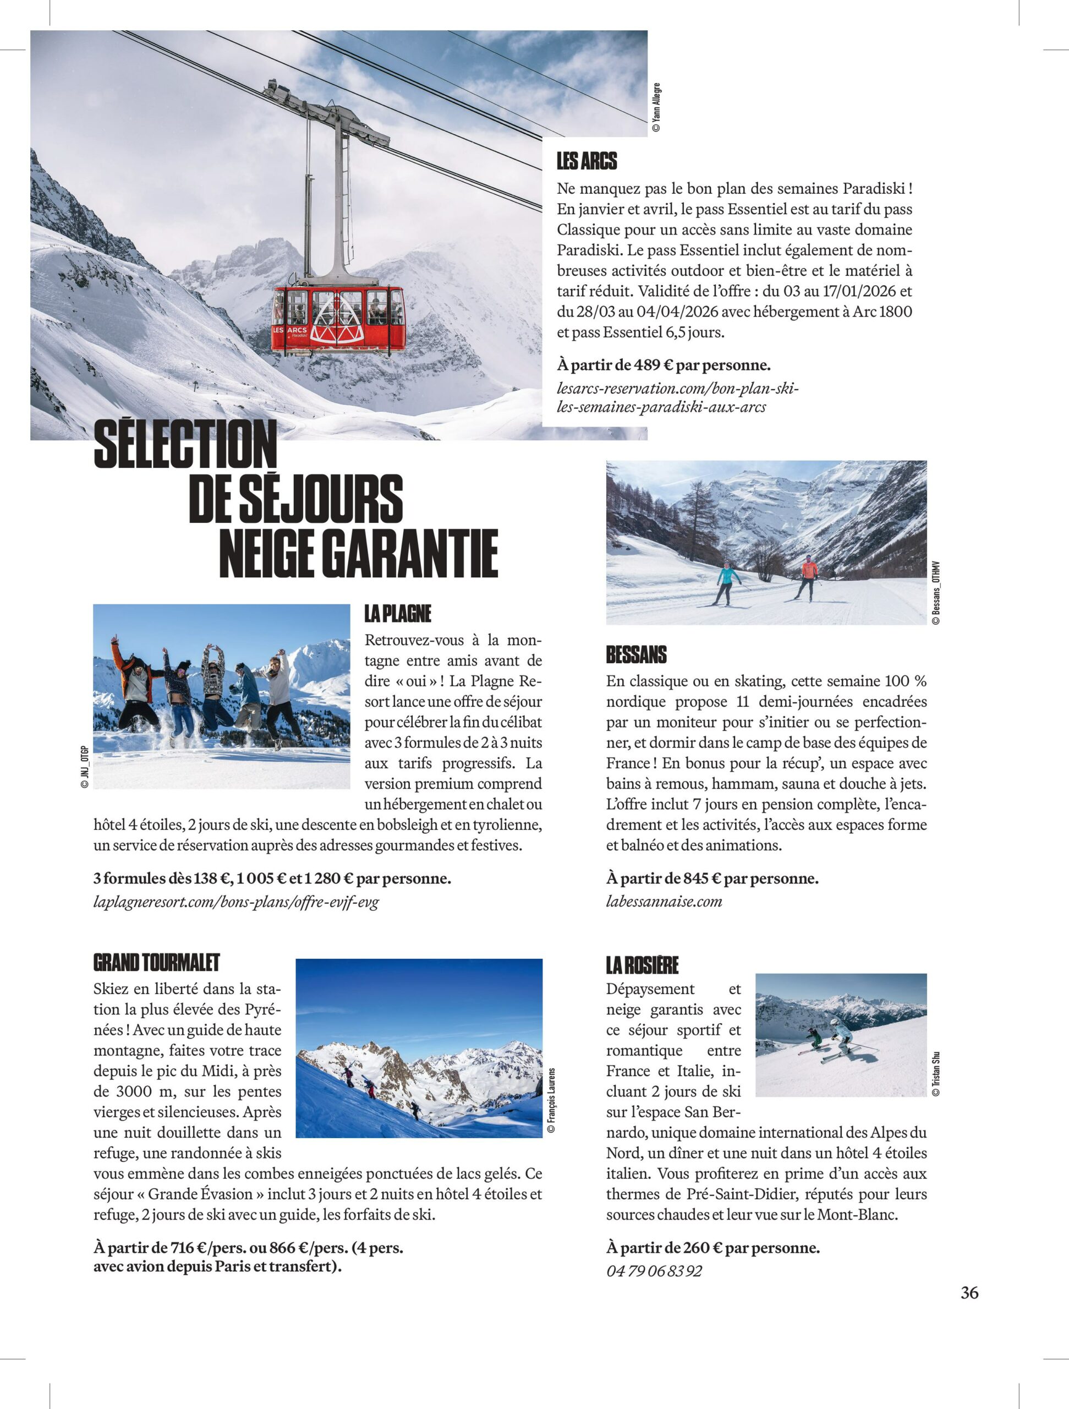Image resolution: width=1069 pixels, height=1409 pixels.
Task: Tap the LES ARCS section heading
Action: [x=586, y=161]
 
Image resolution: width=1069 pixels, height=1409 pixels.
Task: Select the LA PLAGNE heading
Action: [x=398, y=614]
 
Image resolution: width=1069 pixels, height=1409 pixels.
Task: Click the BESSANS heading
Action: [x=636, y=654]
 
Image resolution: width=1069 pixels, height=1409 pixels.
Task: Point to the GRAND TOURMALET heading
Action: [x=157, y=962]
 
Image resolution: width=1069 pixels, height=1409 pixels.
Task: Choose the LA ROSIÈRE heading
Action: [x=642, y=964]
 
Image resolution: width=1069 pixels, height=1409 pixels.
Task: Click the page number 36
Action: [x=969, y=1292]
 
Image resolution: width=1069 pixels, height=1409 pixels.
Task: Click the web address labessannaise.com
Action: [x=664, y=902]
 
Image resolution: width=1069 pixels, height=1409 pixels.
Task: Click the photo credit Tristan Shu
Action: [x=935, y=1073]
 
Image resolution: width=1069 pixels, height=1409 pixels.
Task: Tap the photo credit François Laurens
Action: [x=551, y=1101]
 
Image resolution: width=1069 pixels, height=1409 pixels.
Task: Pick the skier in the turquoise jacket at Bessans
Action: [x=726, y=583]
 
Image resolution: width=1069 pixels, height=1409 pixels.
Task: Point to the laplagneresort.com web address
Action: [x=236, y=902]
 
